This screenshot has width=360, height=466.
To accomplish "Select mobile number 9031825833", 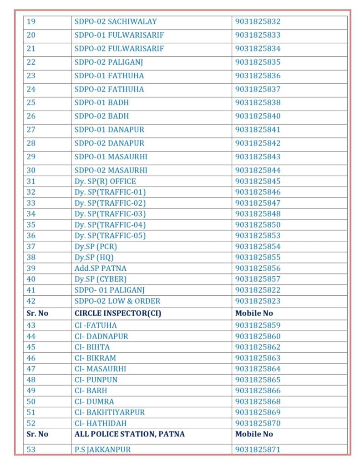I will (x=258, y=35).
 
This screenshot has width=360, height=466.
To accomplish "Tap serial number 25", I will (x=31, y=102).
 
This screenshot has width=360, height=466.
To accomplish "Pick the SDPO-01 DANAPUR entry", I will (x=109, y=130).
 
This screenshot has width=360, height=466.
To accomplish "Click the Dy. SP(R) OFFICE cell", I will (x=105, y=182).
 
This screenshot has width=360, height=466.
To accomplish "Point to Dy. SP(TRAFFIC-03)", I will (x=110, y=214).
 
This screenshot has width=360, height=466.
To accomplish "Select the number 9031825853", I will (x=258, y=236).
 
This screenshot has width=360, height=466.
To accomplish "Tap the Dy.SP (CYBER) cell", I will (x=101, y=279).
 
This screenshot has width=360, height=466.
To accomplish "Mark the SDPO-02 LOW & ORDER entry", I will (x=117, y=301).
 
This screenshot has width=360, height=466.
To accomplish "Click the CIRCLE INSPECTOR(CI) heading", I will (x=118, y=313).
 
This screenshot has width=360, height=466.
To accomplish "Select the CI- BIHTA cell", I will (x=92, y=347).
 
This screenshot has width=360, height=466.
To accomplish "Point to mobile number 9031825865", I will (x=258, y=380).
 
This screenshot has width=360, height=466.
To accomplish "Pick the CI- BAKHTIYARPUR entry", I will (x=110, y=412).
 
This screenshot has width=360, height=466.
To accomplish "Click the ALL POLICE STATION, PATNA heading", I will (x=130, y=434).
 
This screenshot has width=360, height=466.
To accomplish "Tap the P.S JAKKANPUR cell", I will (x=102, y=450).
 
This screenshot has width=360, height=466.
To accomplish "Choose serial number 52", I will (x=31, y=423).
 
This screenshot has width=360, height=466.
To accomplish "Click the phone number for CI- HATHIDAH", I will (x=258, y=423).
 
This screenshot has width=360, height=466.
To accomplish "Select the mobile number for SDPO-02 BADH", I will (x=258, y=116).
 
